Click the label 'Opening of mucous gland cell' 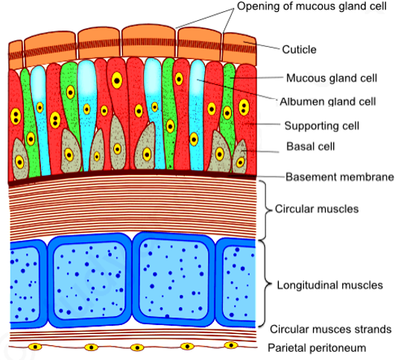312,7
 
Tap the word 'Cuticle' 299,50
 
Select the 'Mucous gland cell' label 332,78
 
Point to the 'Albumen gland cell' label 328,102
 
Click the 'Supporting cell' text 322,126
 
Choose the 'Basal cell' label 311,147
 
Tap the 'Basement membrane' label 340,177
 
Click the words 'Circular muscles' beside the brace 317,209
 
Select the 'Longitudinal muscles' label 330,285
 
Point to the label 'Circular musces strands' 331,329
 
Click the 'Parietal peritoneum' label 317,348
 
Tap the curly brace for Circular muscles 267,210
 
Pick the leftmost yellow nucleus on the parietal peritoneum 35,347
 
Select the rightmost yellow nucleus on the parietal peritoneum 231,345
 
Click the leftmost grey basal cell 19,160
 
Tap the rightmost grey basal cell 239,157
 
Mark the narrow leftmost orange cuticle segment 16,54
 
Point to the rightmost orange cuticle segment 239,49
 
